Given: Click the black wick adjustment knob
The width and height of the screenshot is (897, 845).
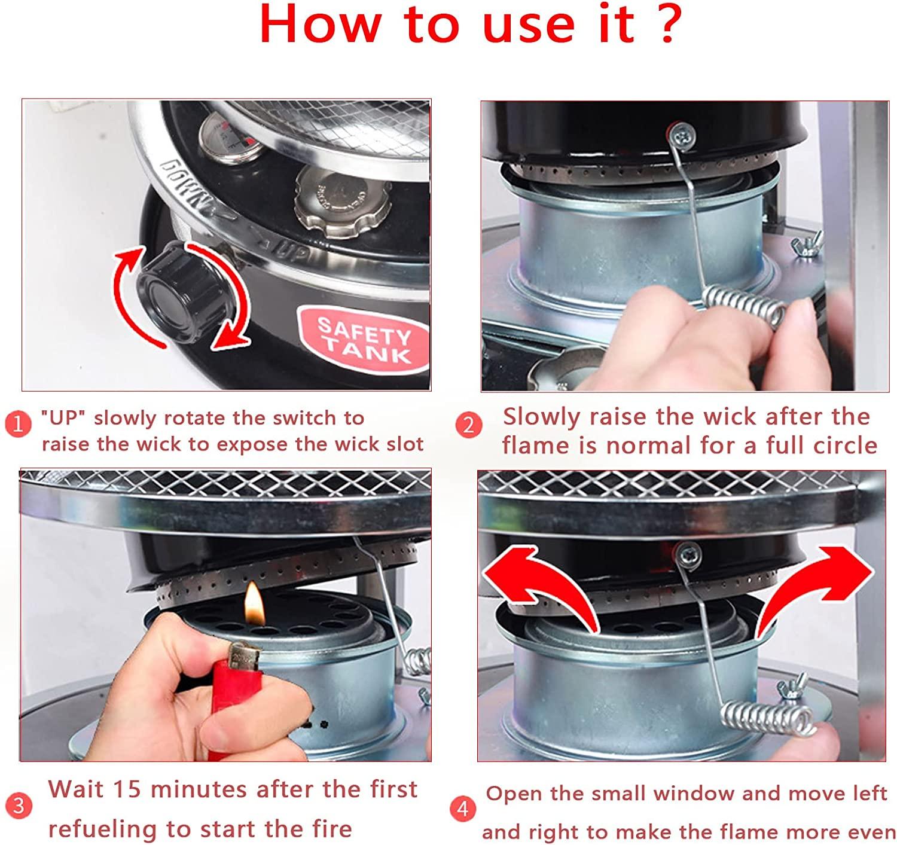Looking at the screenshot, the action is (x=183, y=293).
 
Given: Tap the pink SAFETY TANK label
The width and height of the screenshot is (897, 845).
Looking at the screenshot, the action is (x=364, y=339).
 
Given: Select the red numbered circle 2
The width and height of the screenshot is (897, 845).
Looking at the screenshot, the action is (x=469, y=425).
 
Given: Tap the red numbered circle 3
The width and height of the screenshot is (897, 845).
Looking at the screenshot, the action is (x=18, y=806).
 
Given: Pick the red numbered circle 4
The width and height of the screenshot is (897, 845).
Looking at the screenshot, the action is (x=463, y=809).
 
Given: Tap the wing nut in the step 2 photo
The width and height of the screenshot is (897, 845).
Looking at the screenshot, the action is (x=807, y=244).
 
